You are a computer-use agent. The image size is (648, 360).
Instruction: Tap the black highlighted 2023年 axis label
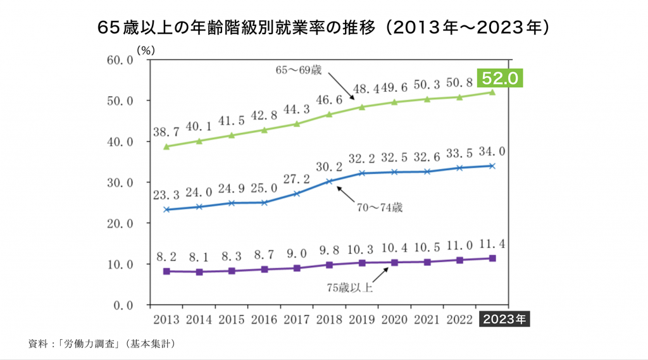point(505,319)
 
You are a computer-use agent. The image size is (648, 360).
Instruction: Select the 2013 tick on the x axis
point(166,319)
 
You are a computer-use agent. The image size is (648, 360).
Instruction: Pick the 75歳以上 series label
point(350,289)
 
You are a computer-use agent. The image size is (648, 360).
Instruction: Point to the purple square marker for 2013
point(166,271)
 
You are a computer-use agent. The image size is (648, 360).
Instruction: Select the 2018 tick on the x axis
point(328,319)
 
